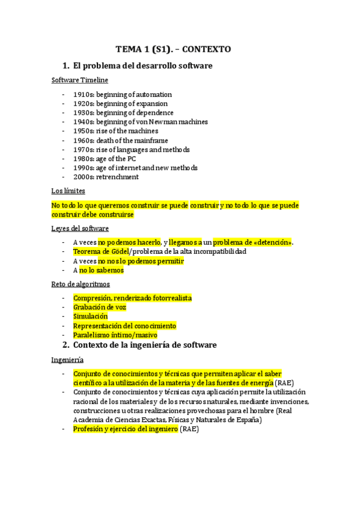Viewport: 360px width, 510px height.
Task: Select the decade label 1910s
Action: [x=82, y=94]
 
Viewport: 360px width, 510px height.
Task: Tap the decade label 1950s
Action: [x=82, y=131]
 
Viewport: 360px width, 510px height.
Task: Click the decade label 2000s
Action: [x=82, y=177]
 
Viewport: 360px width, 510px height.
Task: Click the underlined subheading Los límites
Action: [x=68, y=191]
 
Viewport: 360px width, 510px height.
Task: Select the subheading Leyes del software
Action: [x=80, y=229]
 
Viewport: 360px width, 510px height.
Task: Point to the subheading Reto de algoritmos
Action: [x=81, y=284]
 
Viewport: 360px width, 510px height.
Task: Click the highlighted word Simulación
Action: [x=90, y=316]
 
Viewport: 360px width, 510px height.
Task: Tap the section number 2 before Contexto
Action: [x=66, y=345]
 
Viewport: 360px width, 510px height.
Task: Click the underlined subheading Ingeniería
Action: [x=67, y=360]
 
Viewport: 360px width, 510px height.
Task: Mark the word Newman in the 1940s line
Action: [x=172, y=122]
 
